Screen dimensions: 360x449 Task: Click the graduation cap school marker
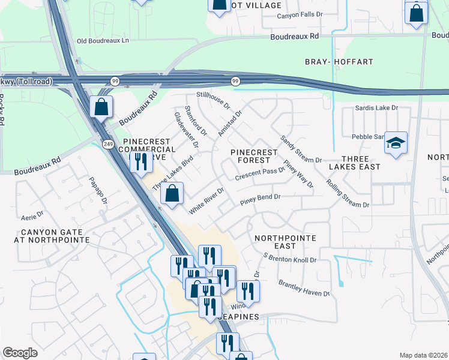click(x=396, y=143)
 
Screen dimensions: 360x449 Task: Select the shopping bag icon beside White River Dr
click(x=172, y=194)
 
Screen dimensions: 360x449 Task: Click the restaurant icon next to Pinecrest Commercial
click(x=141, y=161)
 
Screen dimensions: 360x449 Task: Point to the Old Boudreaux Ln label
click(x=103, y=41)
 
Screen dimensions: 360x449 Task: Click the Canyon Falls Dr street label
click(x=300, y=16)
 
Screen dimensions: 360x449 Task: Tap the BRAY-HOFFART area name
click(x=339, y=62)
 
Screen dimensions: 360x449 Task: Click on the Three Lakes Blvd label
click(x=172, y=173)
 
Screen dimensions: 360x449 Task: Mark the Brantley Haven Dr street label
click(x=304, y=287)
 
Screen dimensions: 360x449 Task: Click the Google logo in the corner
click(x=20, y=353)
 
